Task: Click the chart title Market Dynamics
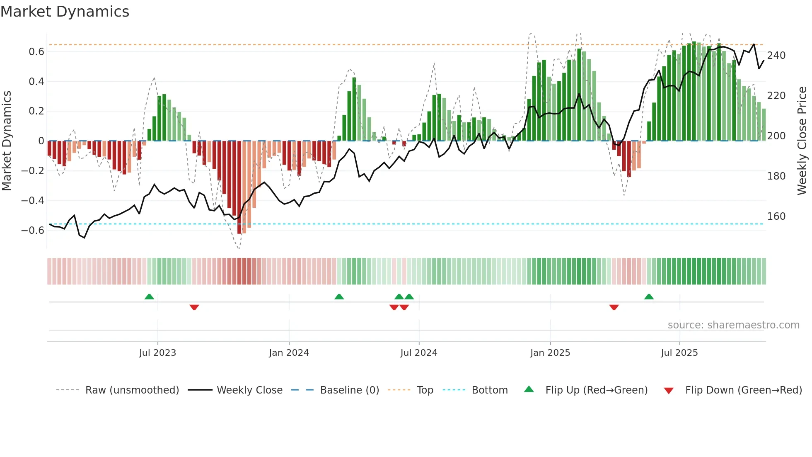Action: tap(65, 12)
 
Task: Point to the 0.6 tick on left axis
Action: tap(36, 52)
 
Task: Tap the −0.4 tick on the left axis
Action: tap(33, 201)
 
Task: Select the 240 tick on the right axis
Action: tap(776, 56)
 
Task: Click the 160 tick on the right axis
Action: tap(776, 216)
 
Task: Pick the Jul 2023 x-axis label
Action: tap(157, 353)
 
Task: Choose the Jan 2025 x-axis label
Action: tap(550, 353)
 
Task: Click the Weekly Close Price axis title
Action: tap(802, 141)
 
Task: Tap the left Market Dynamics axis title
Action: tap(7, 141)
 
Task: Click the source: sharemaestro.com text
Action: tap(733, 325)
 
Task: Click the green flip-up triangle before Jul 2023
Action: tap(149, 297)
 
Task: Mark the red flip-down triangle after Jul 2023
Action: tap(194, 307)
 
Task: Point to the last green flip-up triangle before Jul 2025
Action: tap(649, 297)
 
